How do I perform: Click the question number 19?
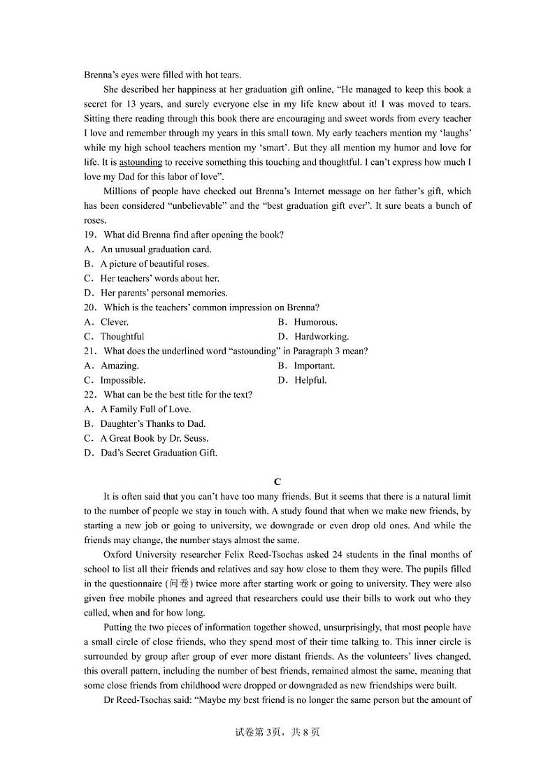pyautogui.click(x=89, y=235)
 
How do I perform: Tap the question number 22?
pyautogui.click(x=89, y=395)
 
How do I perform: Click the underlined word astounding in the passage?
pyautogui.click(x=140, y=162)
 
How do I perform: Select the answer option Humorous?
pyautogui.click(x=315, y=322)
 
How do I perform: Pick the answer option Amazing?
pyautogui.click(x=120, y=365)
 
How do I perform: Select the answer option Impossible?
pyautogui.click(x=122, y=380)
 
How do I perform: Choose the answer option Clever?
pyautogui.click(x=115, y=322)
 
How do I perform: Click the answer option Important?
pyautogui.click(x=314, y=365)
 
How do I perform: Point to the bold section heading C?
pyautogui.click(x=277, y=481)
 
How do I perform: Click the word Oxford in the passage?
pyautogui.click(x=117, y=555)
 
